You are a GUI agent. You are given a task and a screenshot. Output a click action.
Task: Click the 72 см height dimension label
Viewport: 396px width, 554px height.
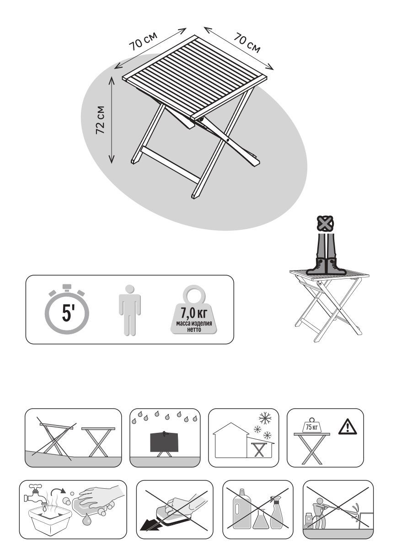click(x=100, y=120)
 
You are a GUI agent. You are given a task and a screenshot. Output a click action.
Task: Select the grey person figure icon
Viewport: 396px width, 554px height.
click(x=129, y=310)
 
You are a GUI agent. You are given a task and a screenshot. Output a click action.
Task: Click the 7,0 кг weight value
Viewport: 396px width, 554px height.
click(x=194, y=313)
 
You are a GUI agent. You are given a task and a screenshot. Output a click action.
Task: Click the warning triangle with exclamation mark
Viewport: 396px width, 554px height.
click(x=348, y=427)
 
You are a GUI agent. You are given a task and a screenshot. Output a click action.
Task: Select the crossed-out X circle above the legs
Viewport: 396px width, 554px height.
click(x=325, y=224)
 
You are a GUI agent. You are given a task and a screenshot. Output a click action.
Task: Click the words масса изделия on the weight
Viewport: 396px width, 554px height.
click(x=194, y=324)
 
